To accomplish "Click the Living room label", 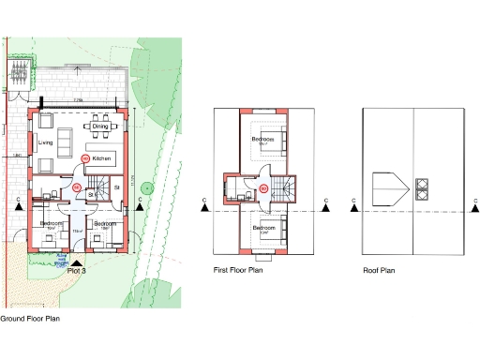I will (45, 142).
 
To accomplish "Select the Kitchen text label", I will (102, 159).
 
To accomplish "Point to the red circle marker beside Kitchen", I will (85, 158).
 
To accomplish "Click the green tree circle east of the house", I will (145, 189).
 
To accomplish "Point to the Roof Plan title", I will (379, 271).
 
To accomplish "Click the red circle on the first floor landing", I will (263, 188).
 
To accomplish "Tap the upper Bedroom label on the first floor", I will (263, 139).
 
